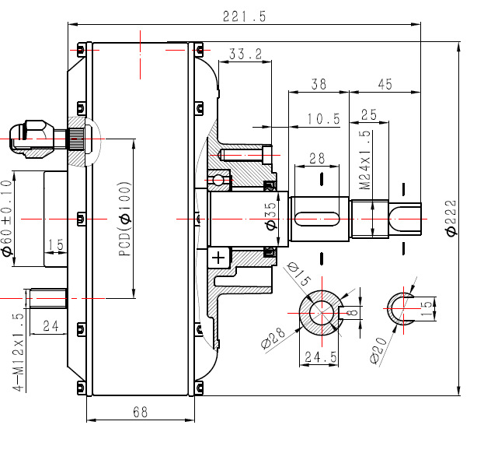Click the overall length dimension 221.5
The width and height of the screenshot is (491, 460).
[244, 16]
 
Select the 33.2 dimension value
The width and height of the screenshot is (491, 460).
[245, 54]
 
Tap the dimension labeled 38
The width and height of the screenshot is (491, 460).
[318, 83]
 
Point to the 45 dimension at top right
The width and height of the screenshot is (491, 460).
[384, 83]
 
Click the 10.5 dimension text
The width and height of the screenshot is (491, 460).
[324, 119]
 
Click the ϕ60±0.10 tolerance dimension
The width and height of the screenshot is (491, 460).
[7, 219]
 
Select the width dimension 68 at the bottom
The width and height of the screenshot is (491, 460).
[140, 412]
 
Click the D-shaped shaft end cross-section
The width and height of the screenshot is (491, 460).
[402, 310]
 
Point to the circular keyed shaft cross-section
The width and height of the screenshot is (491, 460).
[320, 312]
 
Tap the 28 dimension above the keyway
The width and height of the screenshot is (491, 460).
[317, 159]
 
